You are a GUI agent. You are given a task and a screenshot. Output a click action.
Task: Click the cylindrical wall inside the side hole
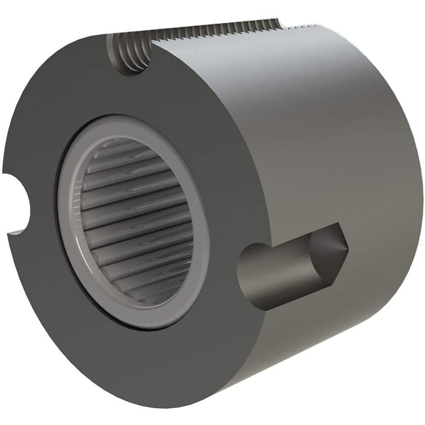(x=280, y=272)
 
